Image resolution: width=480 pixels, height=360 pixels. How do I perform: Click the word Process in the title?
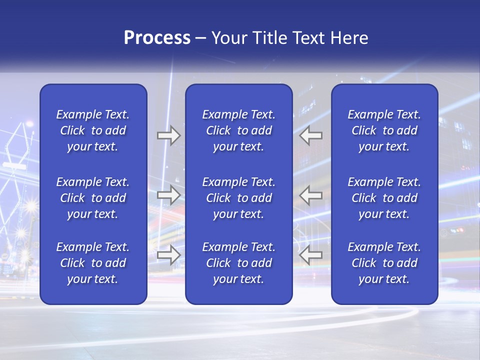tap(157, 38)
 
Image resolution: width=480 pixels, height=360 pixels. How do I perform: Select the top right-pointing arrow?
tap(168, 135)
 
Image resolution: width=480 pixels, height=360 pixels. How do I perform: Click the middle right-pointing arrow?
tap(168, 195)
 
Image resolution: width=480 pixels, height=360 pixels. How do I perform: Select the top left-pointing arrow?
tap(311, 135)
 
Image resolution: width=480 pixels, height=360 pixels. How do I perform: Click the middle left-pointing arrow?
tap(311, 195)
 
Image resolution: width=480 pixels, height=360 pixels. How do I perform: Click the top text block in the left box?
tap(93, 130)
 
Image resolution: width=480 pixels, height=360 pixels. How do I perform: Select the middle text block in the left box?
tap(93, 198)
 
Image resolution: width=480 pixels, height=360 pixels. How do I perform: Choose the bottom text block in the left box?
tap(93, 263)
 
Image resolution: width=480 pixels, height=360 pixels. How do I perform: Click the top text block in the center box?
tap(239, 130)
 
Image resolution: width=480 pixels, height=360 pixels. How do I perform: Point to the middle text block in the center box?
tap(239, 198)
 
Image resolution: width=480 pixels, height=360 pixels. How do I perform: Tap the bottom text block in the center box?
tap(239, 263)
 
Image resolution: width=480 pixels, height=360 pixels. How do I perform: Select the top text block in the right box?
tap(384, 130)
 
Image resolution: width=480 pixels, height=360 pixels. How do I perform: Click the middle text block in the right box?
tap(384, 198)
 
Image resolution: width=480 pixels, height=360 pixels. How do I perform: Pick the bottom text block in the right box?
tap(384, 263)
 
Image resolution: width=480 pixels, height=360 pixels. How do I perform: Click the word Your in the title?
tap(227, 38)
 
